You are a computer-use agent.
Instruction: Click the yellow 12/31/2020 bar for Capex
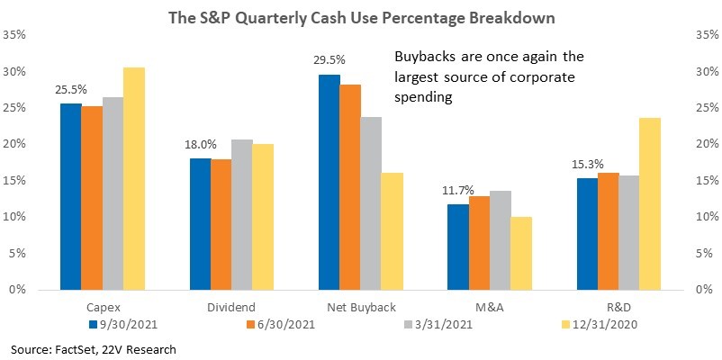(x=134, y=178)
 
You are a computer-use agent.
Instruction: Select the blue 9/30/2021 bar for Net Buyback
(x=329, y=183)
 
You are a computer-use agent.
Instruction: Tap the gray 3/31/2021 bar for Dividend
(x=242, y=214)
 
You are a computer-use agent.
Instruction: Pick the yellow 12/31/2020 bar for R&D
(x=650, y=204)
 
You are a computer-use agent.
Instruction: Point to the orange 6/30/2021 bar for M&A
(x=479, y=243)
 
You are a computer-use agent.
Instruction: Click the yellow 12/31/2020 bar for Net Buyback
(x=392, y=231)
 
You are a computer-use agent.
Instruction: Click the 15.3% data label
(x=588, y=165)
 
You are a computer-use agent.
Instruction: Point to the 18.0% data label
(x=201, y=145)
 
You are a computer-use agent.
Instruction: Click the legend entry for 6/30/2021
(x=280, y=325)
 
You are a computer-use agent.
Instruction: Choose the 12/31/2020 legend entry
(x=600, y=325)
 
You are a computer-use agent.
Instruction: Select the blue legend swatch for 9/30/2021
(x=93, y=325)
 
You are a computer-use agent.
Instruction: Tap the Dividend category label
(x=232, y=307)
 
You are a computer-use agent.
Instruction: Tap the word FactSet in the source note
(x=68, y=350)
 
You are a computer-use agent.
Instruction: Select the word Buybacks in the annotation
(x=426, y=57)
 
